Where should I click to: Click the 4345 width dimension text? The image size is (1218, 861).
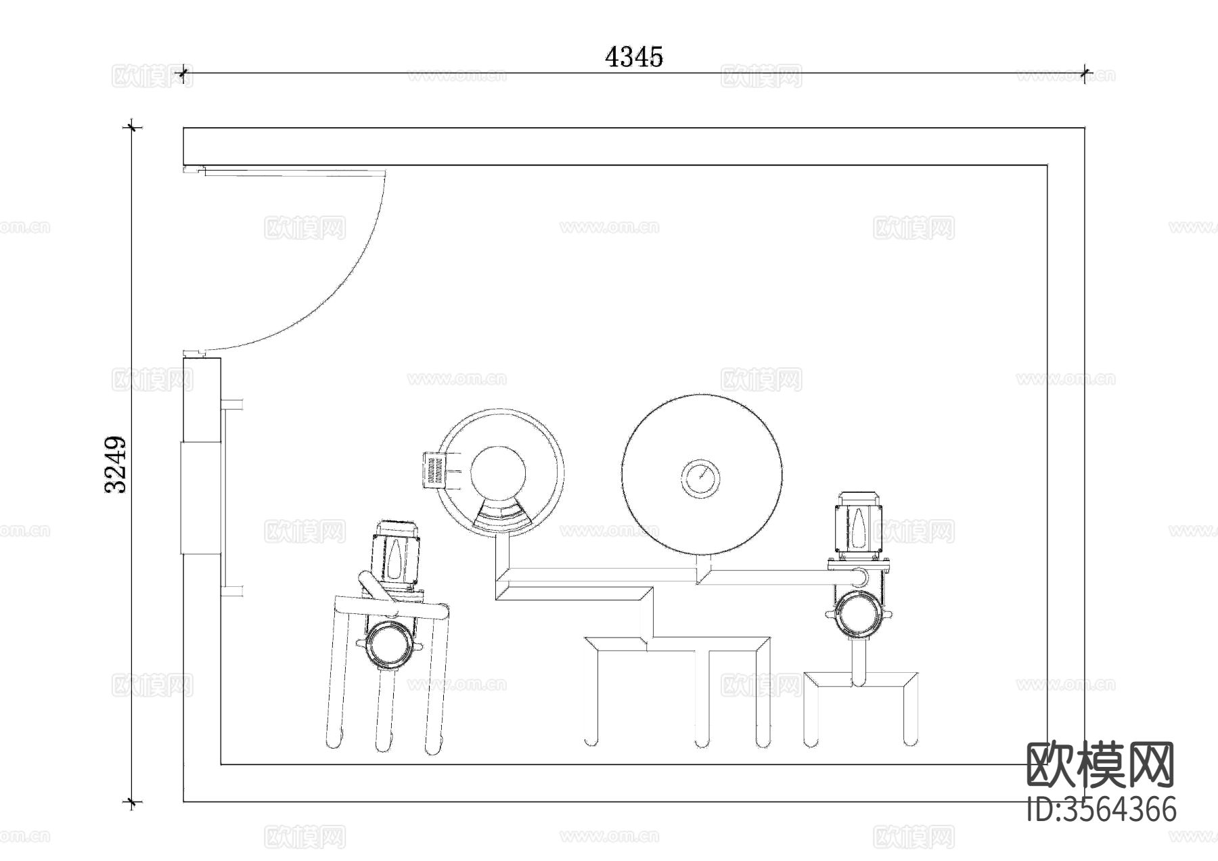(634, 57)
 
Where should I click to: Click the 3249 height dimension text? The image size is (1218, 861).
(116, 464)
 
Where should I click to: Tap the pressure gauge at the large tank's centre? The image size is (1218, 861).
(700, 479)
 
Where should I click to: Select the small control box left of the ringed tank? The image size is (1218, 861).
(434, 470)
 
